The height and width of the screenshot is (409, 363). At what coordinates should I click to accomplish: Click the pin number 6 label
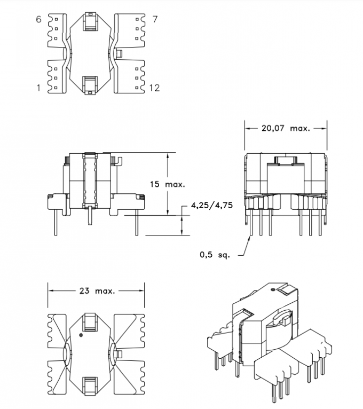pyautogui.click(x=38, y=20)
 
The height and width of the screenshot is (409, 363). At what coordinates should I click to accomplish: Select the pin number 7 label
pyautogui.click(x=155, y=20)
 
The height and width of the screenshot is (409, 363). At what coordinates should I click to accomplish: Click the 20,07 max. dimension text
pyautogui.click(x=285, y=128)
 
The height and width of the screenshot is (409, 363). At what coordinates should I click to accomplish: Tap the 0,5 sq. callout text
pyautogui.click(x=215, y=255)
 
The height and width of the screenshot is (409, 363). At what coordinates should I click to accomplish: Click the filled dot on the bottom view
pyautogui.click(x=81, y=335)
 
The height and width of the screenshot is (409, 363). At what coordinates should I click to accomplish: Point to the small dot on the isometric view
pyautogui.click(x=273, y=289)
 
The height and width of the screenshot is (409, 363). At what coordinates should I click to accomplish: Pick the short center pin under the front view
pyautogui.click(x=92, y=217)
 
